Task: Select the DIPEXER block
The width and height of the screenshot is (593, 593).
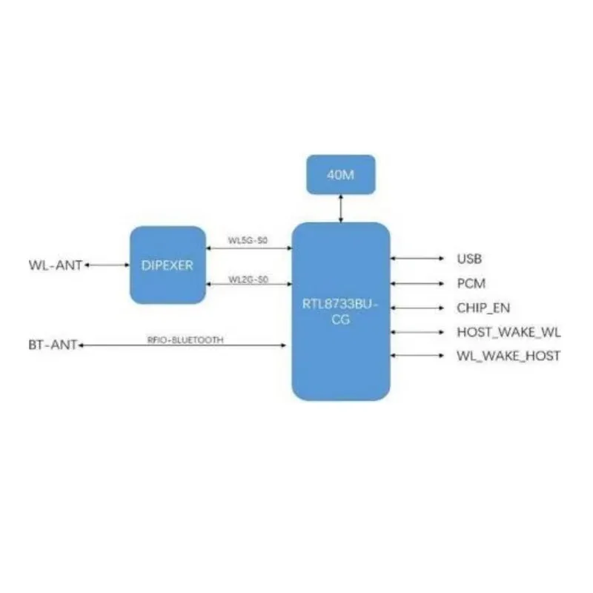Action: (x=168, y=265)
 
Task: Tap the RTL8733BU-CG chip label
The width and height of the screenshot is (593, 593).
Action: (x=341, y=313)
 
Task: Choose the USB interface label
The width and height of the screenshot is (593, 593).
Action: (x=470, y=259)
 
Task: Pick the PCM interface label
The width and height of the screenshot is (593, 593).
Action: (x=471, y=283)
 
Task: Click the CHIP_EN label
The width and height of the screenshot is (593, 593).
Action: (x=483, y=308)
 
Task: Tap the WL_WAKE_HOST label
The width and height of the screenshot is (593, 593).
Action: (x=508, y=357)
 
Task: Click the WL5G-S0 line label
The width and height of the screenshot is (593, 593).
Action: (x=248, y=240)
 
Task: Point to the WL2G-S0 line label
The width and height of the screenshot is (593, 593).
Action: (x=248, y=279)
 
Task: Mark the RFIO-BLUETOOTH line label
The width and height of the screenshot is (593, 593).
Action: (x=185, y=339)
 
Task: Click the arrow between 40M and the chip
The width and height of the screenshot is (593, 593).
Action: (x=341, y=209)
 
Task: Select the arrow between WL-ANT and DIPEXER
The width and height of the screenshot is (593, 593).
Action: (x=107, y=264)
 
